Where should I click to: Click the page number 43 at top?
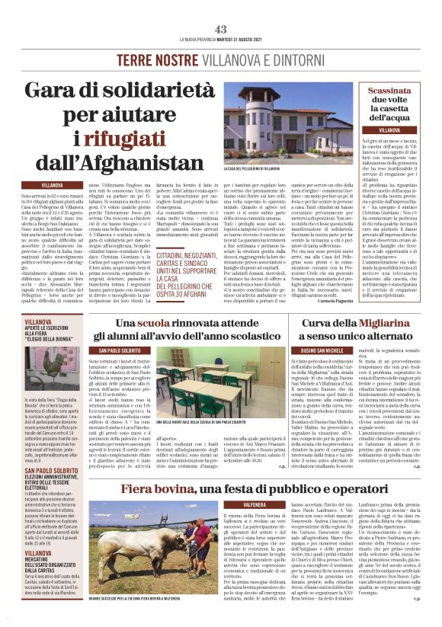click(x=221, y=29)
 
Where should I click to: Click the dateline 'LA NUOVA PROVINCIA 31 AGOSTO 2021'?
click(x=221, y=40)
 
